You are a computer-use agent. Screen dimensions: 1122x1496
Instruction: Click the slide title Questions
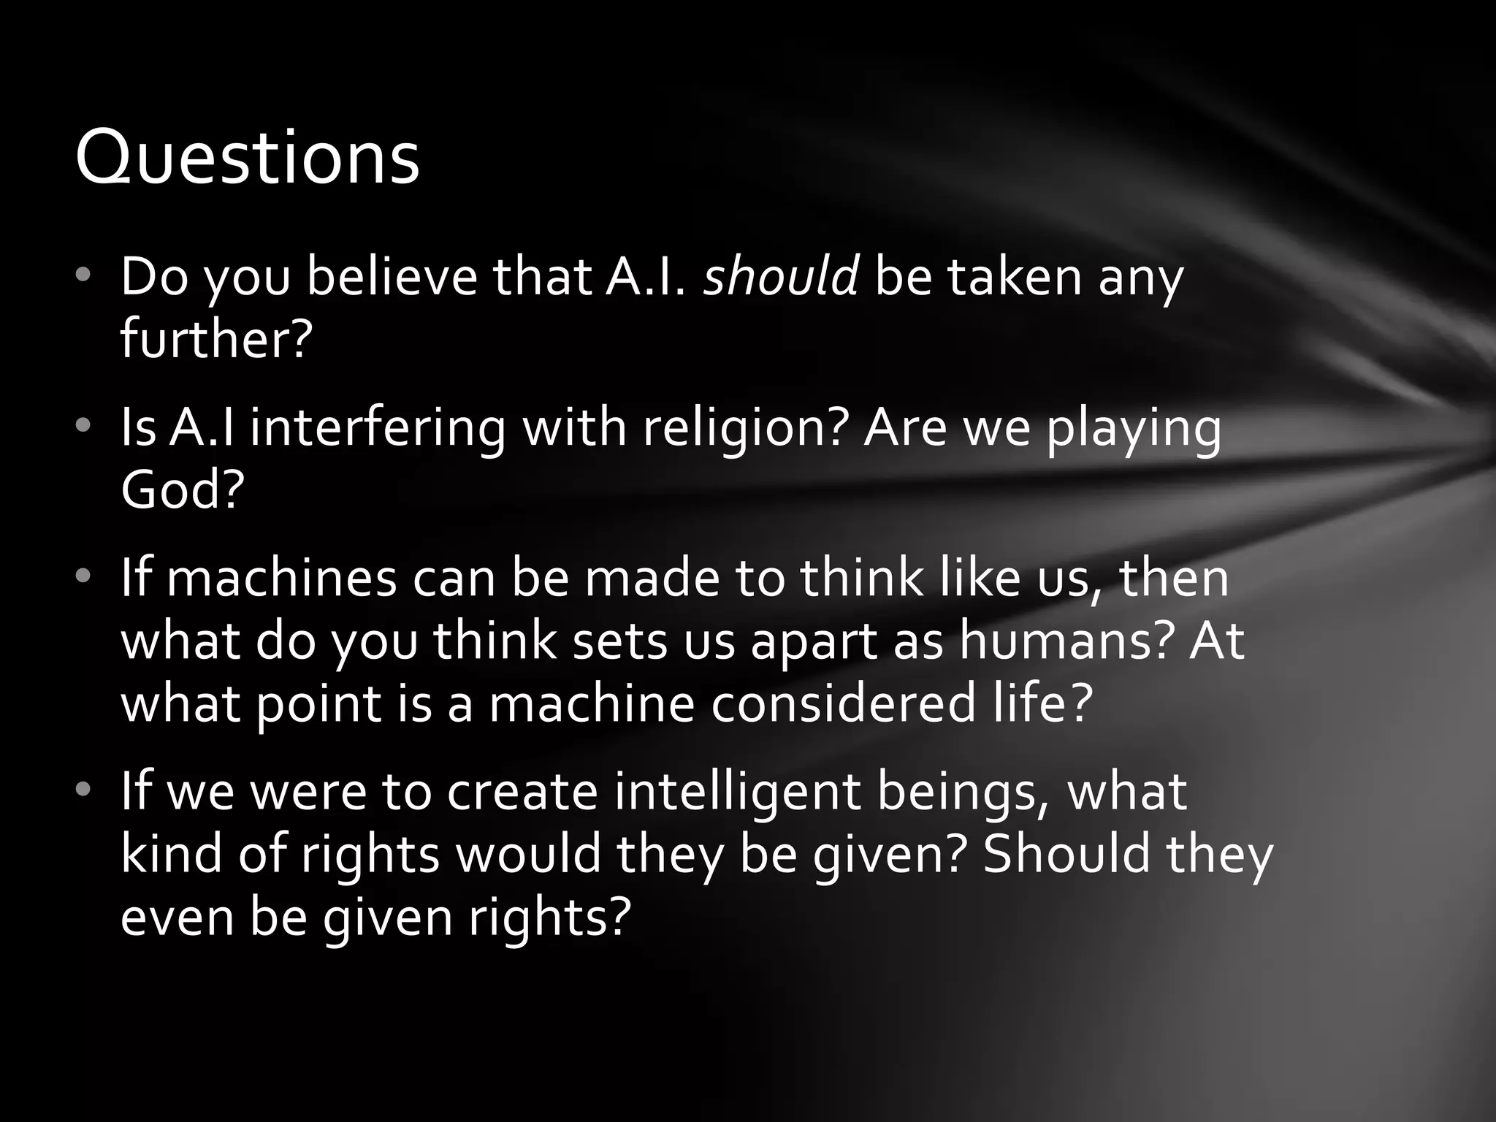pos(247,157)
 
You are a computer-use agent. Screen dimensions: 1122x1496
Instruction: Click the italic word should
pos(780,277)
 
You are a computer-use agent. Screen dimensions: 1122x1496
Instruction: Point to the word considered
pos(844,703)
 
